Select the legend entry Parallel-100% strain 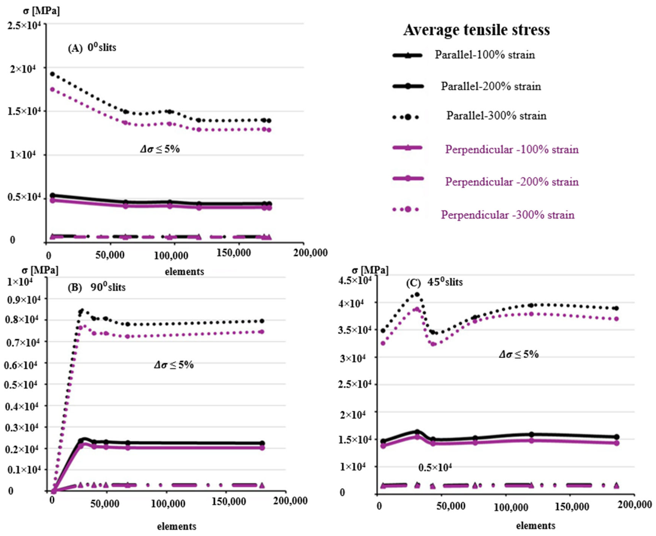484,55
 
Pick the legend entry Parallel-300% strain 496,116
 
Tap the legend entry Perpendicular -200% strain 512,182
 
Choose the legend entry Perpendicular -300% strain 508,215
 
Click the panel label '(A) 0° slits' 92,48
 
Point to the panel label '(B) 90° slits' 97,287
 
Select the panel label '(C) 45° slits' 434,282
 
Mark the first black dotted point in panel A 52,74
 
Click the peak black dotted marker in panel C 417,295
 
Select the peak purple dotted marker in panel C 417,309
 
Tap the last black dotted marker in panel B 262,321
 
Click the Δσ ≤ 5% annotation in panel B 174,365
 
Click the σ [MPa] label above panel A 41,11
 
